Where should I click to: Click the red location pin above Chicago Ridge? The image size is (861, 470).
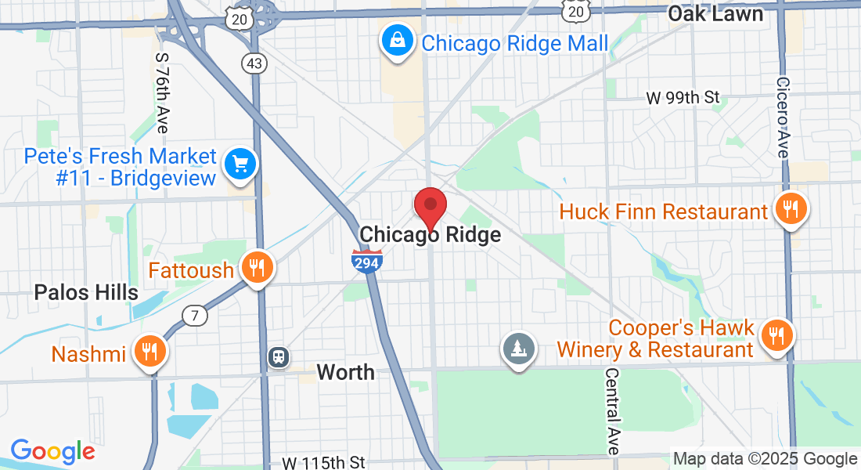(x=430, y=207)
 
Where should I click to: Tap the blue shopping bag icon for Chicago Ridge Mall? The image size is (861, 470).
(x=398, y=39)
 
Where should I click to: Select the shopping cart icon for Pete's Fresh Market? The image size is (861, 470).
(x=240, y=165)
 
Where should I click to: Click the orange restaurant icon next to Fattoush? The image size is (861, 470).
(x=256, y=269)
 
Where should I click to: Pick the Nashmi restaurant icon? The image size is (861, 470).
(x=148, y=352)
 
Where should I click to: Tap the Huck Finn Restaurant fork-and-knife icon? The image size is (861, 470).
(x=791, y=209)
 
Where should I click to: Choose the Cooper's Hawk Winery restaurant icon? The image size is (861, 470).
(x=776, y=335)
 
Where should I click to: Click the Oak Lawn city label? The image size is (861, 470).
(x=715, y=13)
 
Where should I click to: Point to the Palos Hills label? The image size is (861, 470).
(x=86, y=293)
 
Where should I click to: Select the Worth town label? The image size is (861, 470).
(x=345, y=372)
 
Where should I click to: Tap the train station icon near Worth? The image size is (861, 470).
(x=278, y=357)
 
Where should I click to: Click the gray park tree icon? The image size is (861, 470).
(x=519, y=347)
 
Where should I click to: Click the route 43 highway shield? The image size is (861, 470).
(x=254, y=64)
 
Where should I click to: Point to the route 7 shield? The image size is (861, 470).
(x=195, y=316)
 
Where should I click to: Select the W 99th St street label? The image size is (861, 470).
(x=683, y=98)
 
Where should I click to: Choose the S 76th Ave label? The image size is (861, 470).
(x=163, y=92)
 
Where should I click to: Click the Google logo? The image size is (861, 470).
(x=52, y=451)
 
